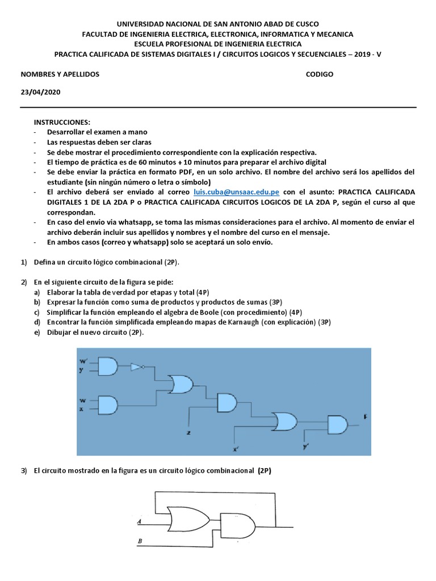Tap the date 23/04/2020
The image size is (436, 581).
[40, 92]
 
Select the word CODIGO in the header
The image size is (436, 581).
[320, 74]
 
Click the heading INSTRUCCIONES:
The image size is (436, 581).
[62, 122]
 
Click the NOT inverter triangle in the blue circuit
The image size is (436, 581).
[137, 367]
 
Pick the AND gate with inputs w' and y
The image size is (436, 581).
[108, 366]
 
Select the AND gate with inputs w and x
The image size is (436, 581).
[108, 405]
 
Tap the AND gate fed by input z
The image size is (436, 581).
[227, 403]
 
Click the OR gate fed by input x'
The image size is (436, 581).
[284, 421]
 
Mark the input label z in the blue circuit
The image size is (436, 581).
[188, 433]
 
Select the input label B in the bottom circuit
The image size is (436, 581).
[140, 541]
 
